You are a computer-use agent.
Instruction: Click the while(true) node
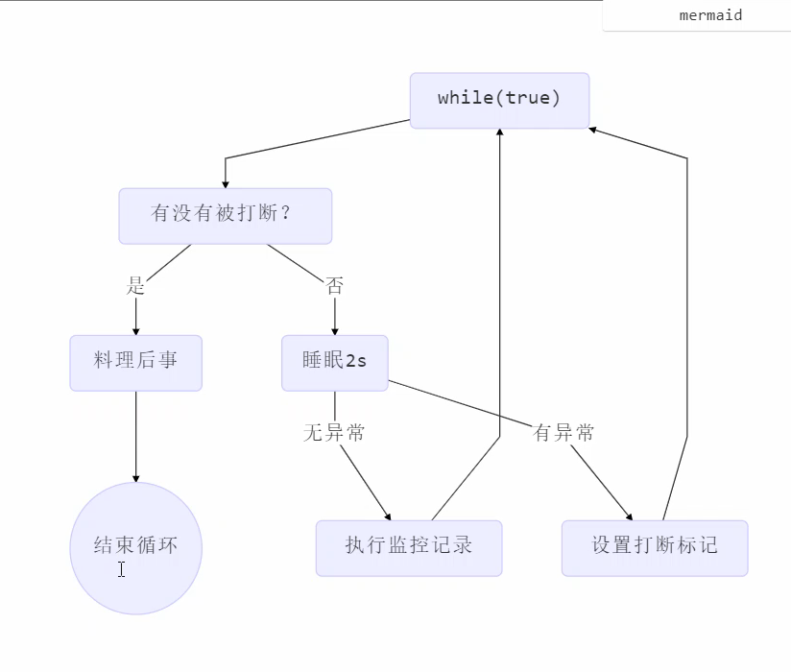(x=499, y=100)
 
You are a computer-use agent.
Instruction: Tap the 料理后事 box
(x=135, y=362)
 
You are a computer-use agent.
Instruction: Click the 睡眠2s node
(x=334, y=362)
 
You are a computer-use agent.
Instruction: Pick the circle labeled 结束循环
(x=135, y=547)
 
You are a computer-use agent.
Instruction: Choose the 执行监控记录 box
(x=408, y=547)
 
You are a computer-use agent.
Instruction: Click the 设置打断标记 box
(x=654, y=547)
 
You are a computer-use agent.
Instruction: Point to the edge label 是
(x=135, y=285)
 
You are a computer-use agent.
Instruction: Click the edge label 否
(x=334, y=285)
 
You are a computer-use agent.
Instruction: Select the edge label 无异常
(x=334, y=433)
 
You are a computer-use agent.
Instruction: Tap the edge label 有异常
(x=563, y=433)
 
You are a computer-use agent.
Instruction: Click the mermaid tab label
(x=710, y=15)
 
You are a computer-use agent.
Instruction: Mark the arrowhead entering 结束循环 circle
(x=135, y=477)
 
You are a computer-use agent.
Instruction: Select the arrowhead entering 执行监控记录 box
(x=388, y=516)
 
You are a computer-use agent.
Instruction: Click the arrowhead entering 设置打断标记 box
(x=629, y=516)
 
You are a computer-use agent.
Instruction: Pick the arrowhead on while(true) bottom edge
(x=499, y=133)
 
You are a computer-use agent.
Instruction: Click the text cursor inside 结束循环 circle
(x=122, y=569)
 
